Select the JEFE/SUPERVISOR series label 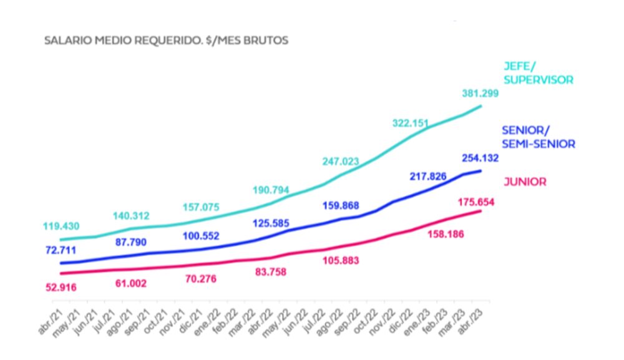(538, 73)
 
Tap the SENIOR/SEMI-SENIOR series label (538, 138)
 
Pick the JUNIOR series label (525, 182)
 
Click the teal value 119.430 (61, 226)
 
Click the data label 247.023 (341, 162)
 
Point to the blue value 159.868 (341, 205)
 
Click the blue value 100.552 (201, 236)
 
